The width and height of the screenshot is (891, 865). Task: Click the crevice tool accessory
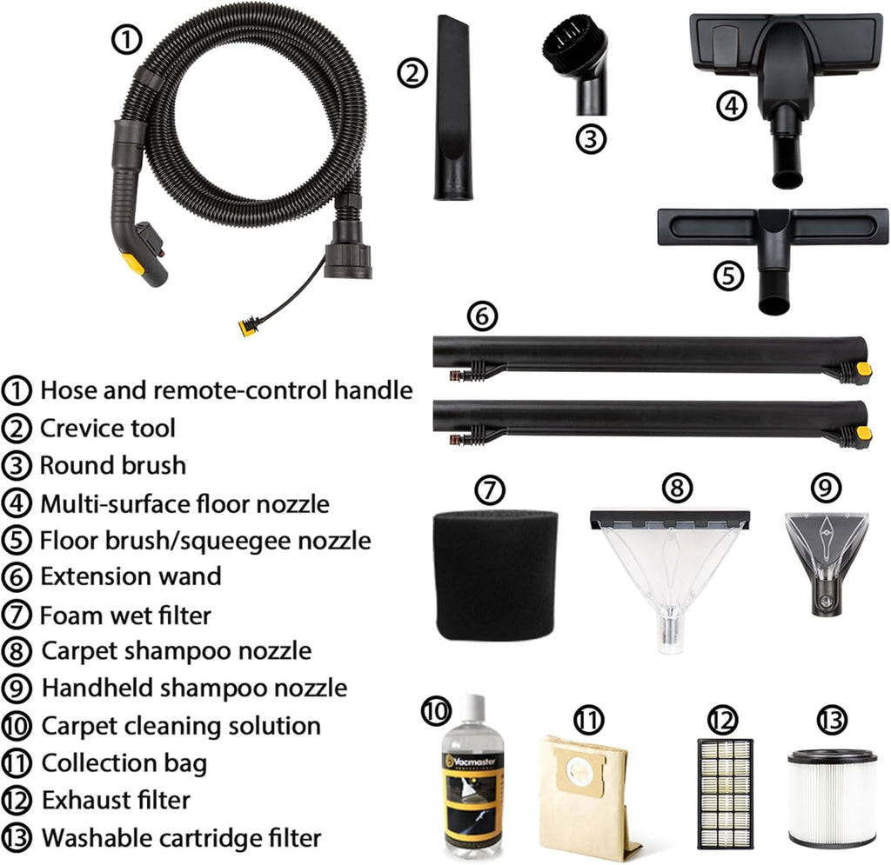click(452, 108)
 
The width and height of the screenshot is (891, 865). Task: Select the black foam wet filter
click(495, 576)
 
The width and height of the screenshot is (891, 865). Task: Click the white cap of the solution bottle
click(472, 709)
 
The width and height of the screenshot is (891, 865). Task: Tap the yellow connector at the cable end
click(247, 328)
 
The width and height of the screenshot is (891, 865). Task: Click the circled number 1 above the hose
click(126, 40)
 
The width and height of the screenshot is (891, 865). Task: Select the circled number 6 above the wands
click(482, 316)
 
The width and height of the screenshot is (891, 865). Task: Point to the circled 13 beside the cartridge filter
click(831, 721)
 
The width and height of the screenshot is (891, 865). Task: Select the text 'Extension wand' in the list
click(131, 577)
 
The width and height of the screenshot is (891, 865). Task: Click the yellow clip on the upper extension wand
click(863, 370)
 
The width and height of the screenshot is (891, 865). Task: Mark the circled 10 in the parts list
click(17, 727)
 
